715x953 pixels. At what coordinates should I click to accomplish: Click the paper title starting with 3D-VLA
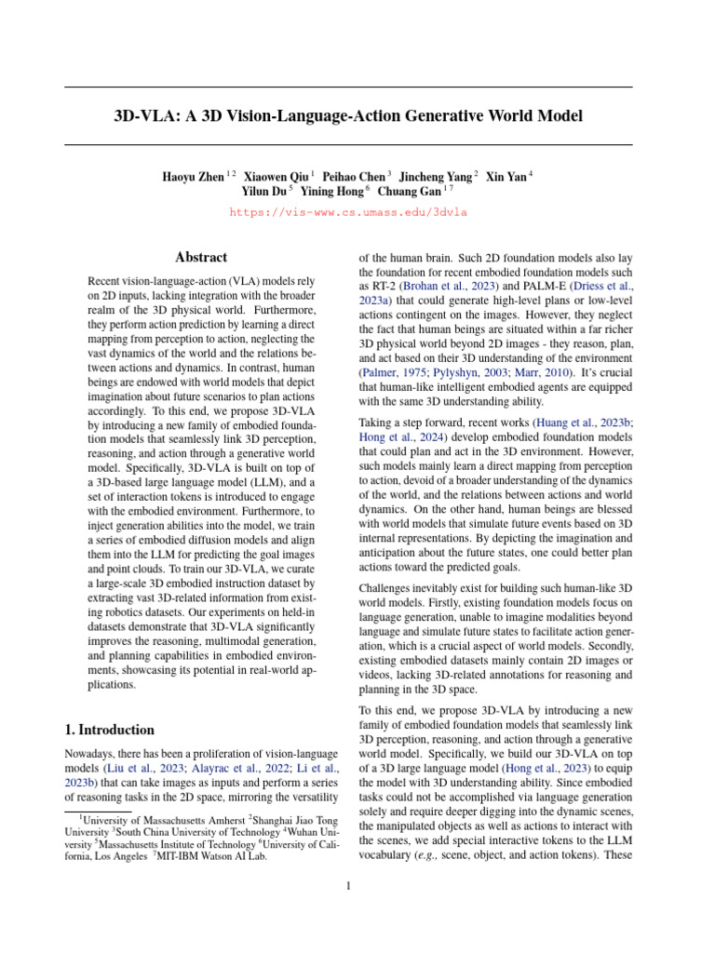[x=348, y=116]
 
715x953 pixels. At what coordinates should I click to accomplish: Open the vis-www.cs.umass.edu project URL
[x=348, y=212]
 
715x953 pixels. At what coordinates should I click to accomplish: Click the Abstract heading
[x=201, y=257]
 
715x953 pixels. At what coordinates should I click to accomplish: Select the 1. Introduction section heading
[x=109, y=730]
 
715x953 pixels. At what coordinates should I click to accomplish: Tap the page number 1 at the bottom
[x=348, y=885]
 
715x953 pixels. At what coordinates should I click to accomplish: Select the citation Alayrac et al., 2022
[x=231, y=768]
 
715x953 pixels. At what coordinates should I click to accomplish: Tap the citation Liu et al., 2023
[x=150, y=768]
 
